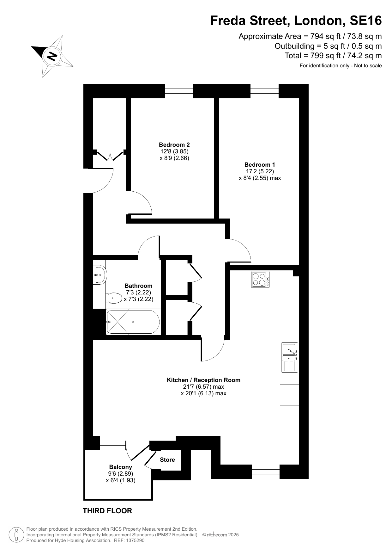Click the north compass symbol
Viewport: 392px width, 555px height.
pyautogui.click(x=52, y=56)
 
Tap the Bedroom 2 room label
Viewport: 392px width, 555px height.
pyautogui.click(x=174, y=145)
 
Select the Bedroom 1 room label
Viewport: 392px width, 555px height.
pyautogui.click(x=260, y=164)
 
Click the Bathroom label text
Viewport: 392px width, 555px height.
pyautogui.click(x=138, y=286)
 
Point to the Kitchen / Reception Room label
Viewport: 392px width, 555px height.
pyautogui.click(x=203, y=380)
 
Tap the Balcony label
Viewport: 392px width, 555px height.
pyautogui.click(x=121, y=467)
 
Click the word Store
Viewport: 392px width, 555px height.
pyautogui.click(x=167, y=460)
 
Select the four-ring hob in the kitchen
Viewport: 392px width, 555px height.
pyautogui.click(x=261, y=279)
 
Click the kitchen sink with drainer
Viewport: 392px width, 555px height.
pyautogui.click(x=290, y=358)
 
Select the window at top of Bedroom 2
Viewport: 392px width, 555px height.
pyautogui.click(x=179, y=89)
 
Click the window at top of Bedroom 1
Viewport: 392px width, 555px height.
pyautogui.click(x=265, y=89)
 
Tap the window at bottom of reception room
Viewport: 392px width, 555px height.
pyautogui.click(x=266, y=474)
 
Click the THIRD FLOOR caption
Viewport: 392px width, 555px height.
pyautogui.click(x=107, y=511)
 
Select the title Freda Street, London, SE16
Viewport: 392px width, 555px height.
pyautogui.click(x=296, y=21)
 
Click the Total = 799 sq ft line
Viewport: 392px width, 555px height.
pyautogui.click(x=333, y=56)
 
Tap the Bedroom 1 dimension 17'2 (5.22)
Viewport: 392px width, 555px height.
pyautogui.click(x=260, y=171)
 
